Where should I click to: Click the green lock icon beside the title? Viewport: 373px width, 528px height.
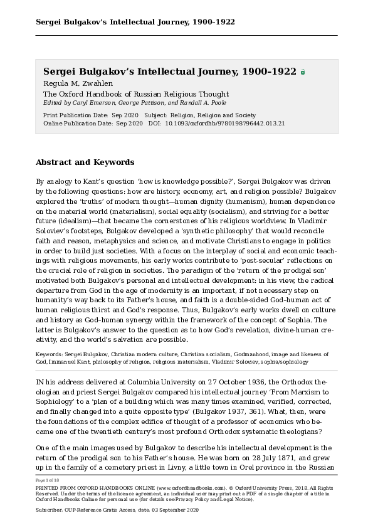coord(303,72)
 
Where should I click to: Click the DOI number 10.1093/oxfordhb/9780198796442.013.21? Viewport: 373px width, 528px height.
coord(224,124)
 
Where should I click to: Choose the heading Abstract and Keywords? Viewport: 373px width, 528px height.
coord(85,162)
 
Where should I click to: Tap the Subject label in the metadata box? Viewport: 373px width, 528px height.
coord(155,115)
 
